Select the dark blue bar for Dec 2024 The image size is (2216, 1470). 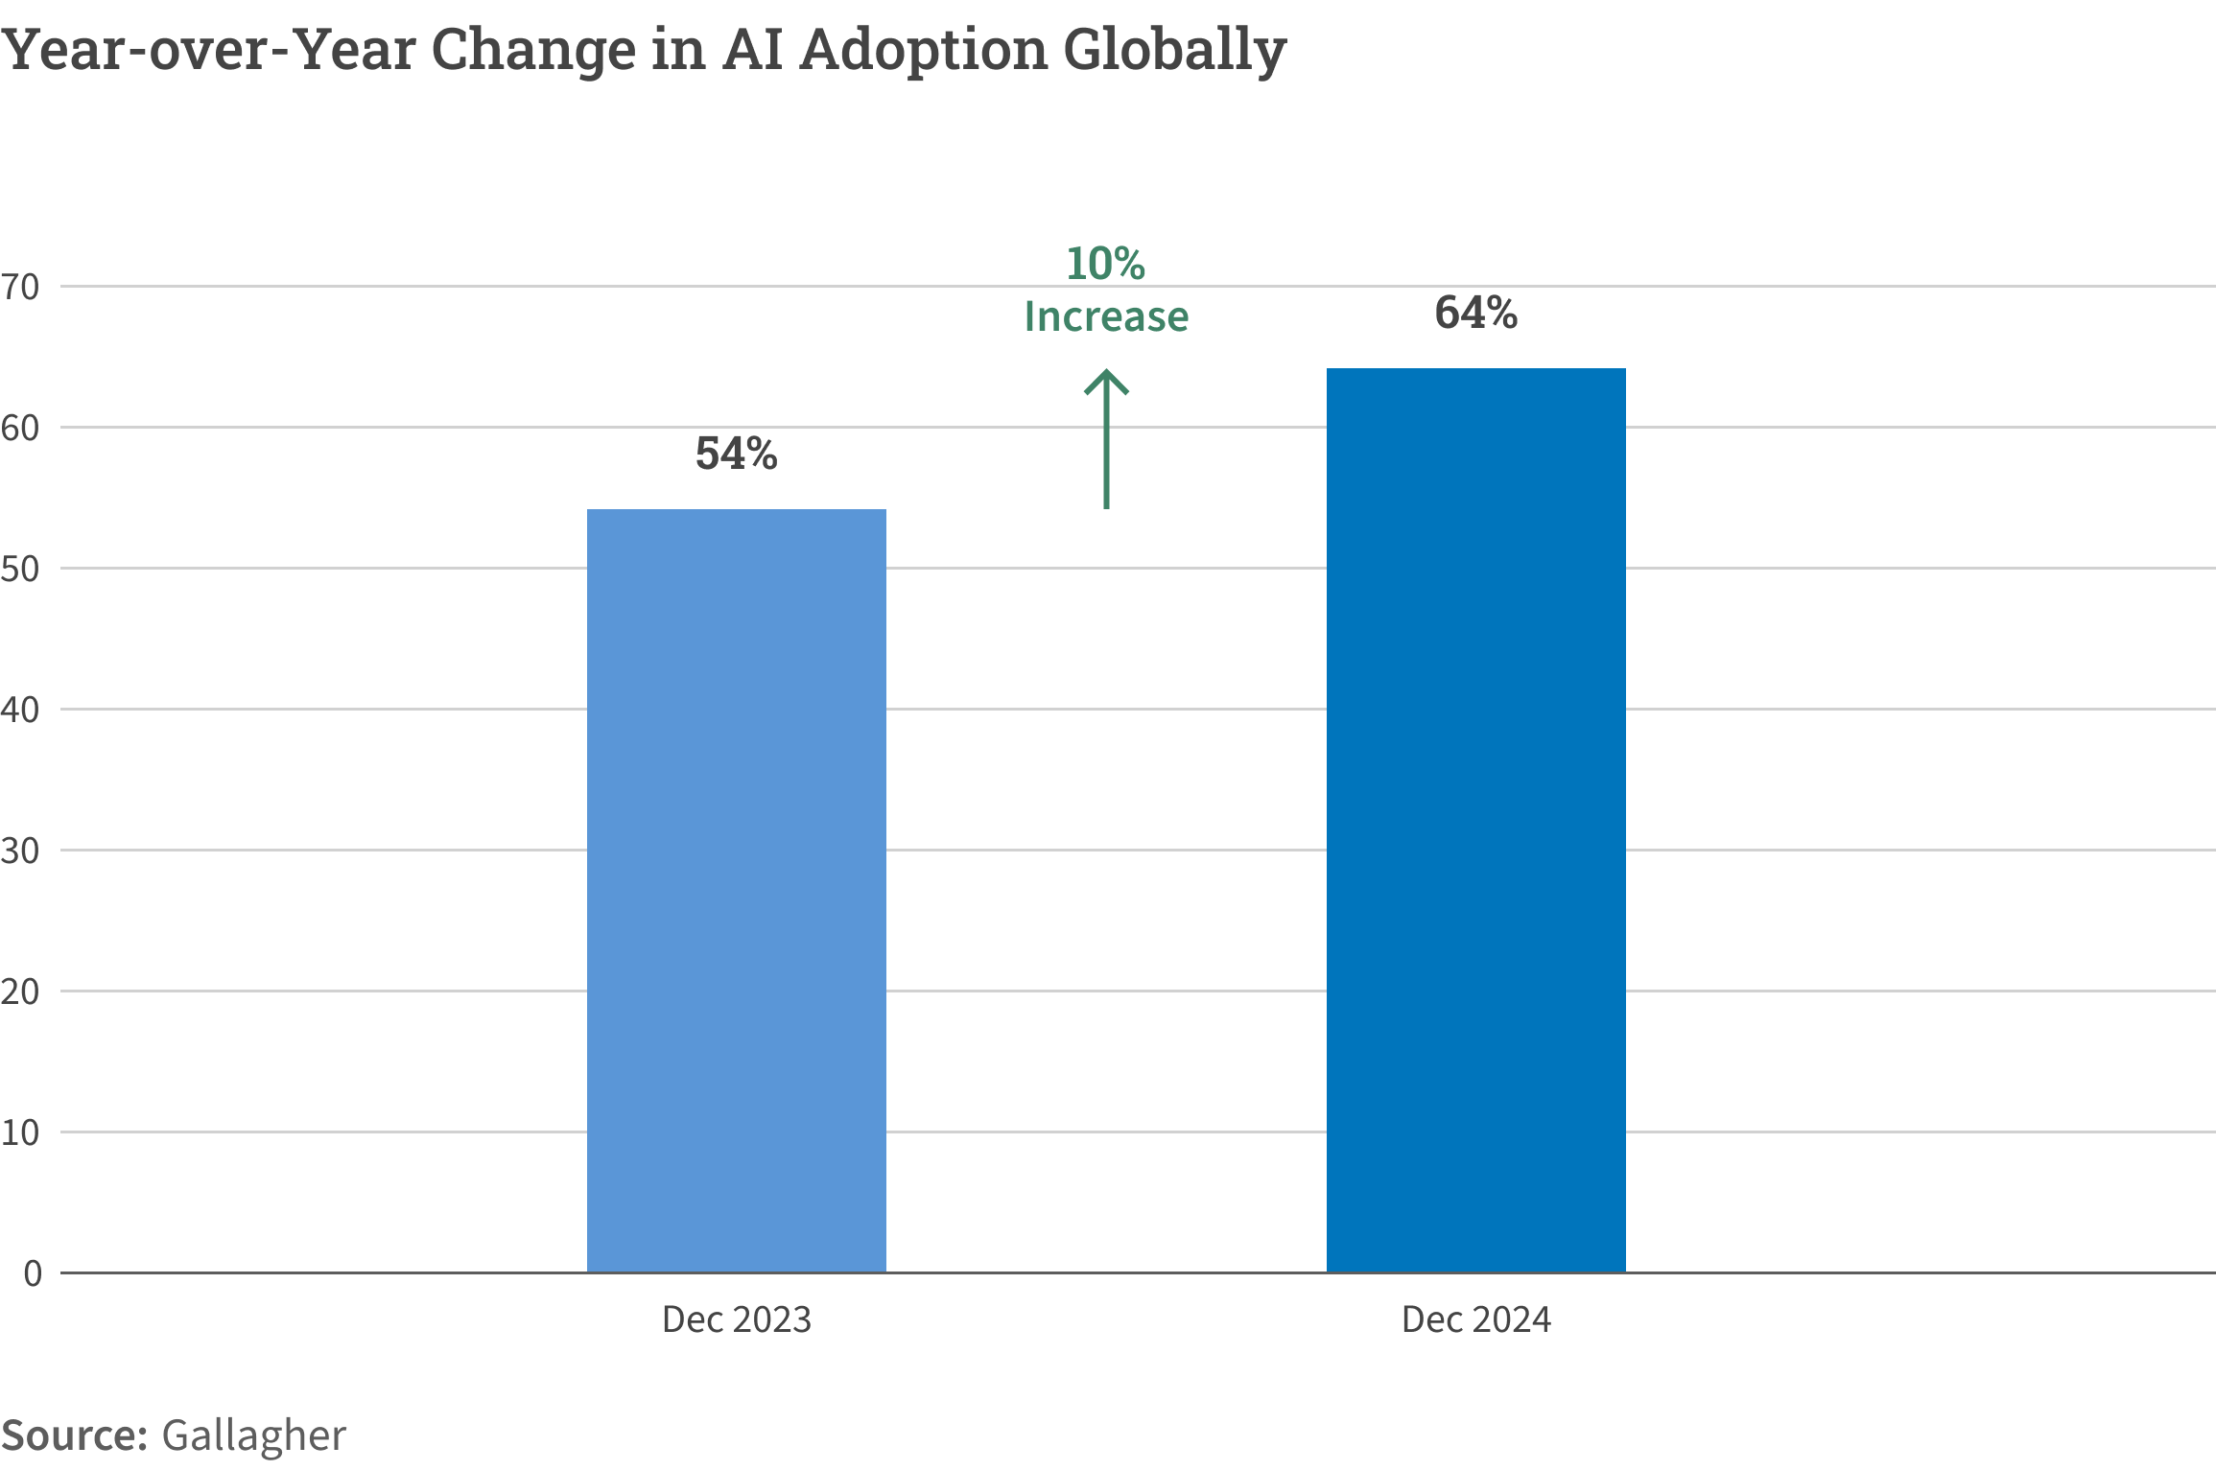click(1475, 820)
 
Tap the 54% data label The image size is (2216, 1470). click(736, 454)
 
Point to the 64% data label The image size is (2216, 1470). click(1475, 313)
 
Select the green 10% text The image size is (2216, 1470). click(1105, 264)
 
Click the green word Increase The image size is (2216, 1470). click(1106, 316)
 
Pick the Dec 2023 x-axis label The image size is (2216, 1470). click(736, 1319)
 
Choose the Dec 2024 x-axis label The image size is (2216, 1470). click(1475, 1319)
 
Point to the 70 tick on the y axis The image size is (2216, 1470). click(20, 287)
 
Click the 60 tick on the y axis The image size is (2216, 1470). click(20, 428)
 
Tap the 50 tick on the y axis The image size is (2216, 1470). click(20, 569)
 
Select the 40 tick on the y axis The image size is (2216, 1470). click(20, 710)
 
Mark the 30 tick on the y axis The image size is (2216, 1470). click(20, 851)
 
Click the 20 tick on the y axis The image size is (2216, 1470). click(20, 992)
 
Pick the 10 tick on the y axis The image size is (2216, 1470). click(20, 1132)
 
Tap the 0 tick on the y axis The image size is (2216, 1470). click(33, 1273)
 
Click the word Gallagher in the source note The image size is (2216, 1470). click(253, 1435)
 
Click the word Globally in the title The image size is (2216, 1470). click(1174, 50)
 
